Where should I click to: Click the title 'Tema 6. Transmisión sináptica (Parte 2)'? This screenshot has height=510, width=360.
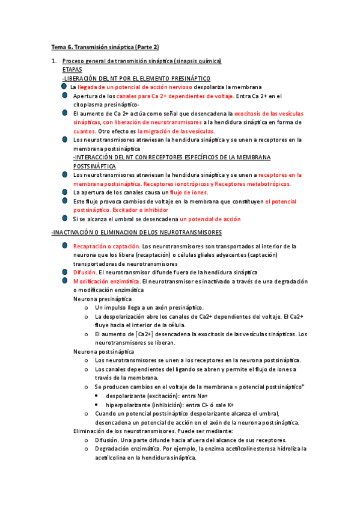[105, 47]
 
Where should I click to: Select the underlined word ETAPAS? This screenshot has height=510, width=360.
[73, 70]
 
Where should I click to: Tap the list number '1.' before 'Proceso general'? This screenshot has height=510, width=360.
[54, 61]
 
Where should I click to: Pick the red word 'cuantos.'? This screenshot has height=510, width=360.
[84, 131]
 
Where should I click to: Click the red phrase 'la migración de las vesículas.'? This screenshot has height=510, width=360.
[176, 131]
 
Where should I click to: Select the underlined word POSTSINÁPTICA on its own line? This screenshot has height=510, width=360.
[94, 165]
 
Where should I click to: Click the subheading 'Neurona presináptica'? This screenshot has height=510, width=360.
[102, 298]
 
